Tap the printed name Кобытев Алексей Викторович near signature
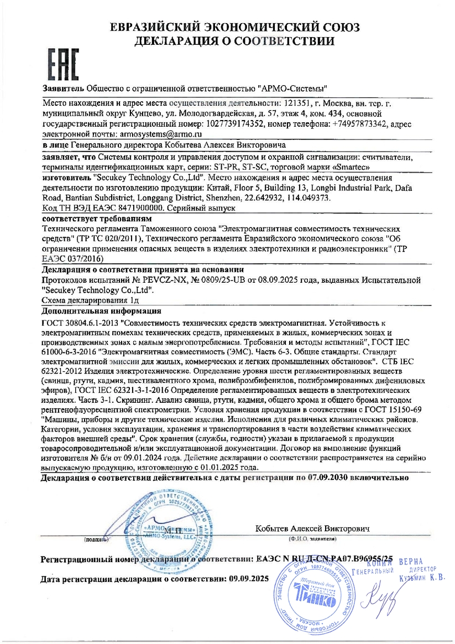tap(312, 528)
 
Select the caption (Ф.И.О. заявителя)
tap(312, 538)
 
